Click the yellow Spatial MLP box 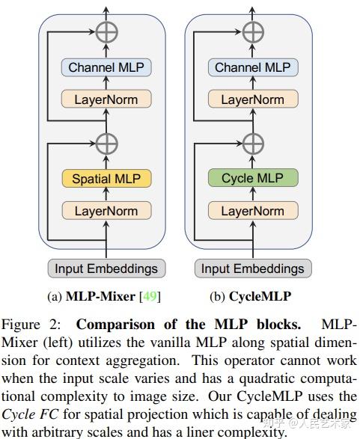click(x=106, y=179)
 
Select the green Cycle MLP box click(x=253, y=179)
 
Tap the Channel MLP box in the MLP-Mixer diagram click(x=106, y=67)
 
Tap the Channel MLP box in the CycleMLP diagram click(x=253, y=67)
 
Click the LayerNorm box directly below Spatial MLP click(x=106, y=211)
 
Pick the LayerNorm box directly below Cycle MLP click(x=253, y=211)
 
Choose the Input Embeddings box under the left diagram click(x=106, y=268)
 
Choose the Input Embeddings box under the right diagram click(x=253, y=268)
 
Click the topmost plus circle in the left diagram click(x=106, y=31)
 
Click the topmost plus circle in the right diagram click(x=253, y=31)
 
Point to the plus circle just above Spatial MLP click(x=106, y=142)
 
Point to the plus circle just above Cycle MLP click(x=253, y=142)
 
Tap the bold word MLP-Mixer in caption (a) click(x=97, y=296)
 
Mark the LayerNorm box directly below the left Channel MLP click(x=106, y=99)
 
